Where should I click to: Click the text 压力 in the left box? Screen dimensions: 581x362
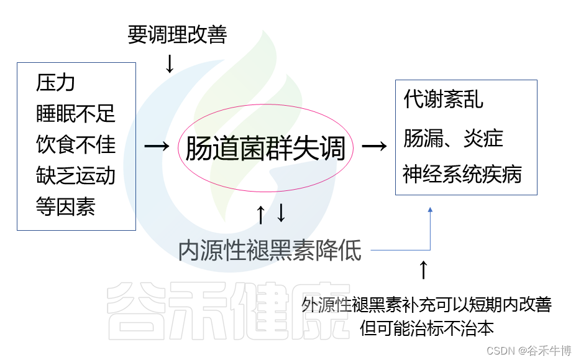point(56,83)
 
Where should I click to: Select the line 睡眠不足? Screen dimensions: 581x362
point(76,114)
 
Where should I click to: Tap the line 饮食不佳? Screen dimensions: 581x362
point(76,144)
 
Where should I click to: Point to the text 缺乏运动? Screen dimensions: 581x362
point(76,175)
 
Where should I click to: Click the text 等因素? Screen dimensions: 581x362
point(66,207)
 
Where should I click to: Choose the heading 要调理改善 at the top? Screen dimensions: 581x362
point(177,35)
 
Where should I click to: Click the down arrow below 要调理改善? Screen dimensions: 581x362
point(170,63)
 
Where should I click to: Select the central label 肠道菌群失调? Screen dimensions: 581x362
point(265,149)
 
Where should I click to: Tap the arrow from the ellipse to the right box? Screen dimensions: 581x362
point(375,146)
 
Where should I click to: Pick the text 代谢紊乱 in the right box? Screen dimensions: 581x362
point(443,100)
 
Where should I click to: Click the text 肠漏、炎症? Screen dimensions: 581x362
point(453,138)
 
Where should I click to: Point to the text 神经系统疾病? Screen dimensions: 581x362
point(462,174)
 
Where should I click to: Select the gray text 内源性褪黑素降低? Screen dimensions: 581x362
point(270,250)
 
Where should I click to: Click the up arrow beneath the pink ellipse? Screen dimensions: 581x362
point(261,214)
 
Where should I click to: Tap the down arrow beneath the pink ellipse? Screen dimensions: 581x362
point(281,213)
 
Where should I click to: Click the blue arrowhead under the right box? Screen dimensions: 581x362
point(429,211)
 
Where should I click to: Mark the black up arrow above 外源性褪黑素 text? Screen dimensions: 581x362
point(423,269)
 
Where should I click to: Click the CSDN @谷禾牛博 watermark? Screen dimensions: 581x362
point(529,351)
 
